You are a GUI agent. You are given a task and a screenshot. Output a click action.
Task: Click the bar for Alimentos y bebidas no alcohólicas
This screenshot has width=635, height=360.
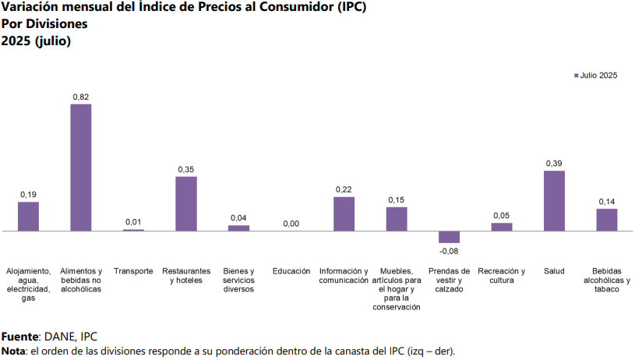81,167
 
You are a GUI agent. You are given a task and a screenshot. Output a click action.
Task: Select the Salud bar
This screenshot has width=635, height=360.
554,200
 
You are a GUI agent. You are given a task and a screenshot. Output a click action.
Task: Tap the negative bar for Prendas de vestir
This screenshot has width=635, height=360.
449,237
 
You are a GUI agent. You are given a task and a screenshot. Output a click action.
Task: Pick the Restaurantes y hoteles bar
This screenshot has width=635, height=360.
186,203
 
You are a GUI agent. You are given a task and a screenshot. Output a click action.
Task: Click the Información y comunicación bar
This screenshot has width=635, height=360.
344,214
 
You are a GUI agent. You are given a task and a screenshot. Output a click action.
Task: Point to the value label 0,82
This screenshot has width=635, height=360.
81,97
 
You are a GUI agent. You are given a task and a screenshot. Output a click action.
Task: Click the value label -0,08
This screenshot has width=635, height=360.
449,251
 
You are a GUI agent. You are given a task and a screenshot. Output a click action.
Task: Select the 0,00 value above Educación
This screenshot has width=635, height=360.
291,224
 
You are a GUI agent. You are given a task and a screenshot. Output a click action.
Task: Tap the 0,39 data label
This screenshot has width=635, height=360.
554,164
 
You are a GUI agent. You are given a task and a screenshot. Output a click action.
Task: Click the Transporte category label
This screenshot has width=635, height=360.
133,271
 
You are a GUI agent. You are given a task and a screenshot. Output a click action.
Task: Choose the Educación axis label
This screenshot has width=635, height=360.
291,271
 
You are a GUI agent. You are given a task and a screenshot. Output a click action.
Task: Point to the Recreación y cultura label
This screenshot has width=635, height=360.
502,276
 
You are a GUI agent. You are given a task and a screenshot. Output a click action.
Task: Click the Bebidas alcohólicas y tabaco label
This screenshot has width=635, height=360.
606,280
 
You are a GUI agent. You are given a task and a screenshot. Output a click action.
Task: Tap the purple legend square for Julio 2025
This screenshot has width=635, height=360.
574,76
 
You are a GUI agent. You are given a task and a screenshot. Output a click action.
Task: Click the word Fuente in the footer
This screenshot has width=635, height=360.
19,337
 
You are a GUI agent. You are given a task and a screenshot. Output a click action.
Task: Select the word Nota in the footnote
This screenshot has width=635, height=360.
13,351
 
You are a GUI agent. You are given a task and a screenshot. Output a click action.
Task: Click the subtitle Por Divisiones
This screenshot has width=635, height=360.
44,23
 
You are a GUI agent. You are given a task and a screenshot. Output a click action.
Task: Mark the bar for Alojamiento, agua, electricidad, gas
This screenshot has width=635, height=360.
28,216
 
